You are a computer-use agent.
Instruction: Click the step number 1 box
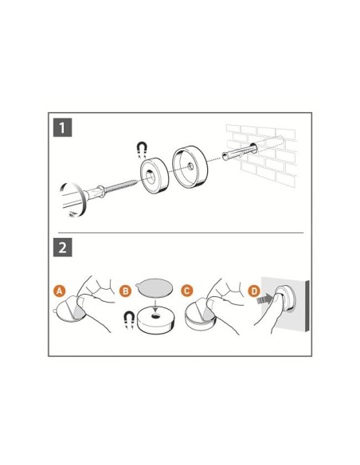tap(62, 127)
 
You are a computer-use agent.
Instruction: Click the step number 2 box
tap(62, 248)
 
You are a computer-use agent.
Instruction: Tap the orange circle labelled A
tap(60, 291)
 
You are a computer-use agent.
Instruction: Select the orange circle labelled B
tap(125, 291)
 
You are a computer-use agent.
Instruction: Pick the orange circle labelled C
tap(187, 291)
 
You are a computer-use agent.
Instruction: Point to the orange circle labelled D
tap(254, 291)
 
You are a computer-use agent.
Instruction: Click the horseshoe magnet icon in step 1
tap(142, 150)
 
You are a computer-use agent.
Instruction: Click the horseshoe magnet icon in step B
tap(129, 320)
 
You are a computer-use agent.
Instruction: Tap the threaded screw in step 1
tap(122, 186)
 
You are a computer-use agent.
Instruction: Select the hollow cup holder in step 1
tap(190, 167)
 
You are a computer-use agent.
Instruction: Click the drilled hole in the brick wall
tap(254, 147)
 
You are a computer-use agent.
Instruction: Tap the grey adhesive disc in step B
tap(154, 287)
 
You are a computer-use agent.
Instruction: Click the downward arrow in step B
tap(155, 305)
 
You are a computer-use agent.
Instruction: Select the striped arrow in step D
tap(264, 299)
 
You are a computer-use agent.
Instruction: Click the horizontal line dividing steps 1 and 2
tap(181, 232)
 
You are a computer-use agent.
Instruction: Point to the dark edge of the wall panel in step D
tap(307, 307)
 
